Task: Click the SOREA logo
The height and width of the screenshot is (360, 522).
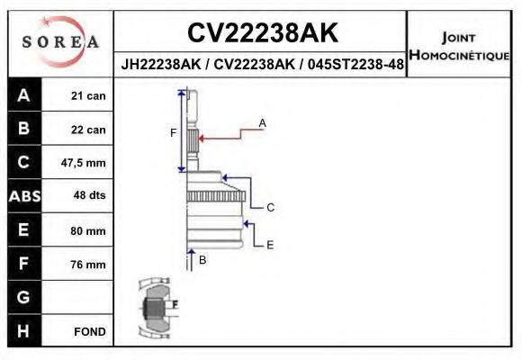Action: point(59,42)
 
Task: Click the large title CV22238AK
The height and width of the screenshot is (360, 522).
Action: point(262,33)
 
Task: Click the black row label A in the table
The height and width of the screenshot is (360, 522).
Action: point(23,95)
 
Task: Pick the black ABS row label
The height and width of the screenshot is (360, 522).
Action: point(23,196)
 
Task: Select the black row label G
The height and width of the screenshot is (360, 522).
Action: point(23,297)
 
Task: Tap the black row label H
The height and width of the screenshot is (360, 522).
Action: point(23,331)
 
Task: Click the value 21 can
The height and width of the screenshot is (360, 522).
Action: point(88,95)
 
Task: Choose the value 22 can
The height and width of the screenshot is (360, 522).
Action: point(88,130)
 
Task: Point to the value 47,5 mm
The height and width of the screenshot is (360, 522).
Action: point(84,163)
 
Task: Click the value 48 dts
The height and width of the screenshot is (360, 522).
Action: point(88,196)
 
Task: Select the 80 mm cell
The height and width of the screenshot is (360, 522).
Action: point(88,230)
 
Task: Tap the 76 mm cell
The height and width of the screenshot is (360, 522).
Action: point(88,265)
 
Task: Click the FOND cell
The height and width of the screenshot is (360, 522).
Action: point(90,331)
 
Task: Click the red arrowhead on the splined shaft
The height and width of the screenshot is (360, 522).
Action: point(202,139)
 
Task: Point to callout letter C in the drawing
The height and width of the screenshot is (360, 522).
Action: point(270,207)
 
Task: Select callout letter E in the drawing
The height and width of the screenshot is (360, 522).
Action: point(270,244)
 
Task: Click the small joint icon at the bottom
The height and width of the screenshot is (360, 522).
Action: point(156,307)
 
